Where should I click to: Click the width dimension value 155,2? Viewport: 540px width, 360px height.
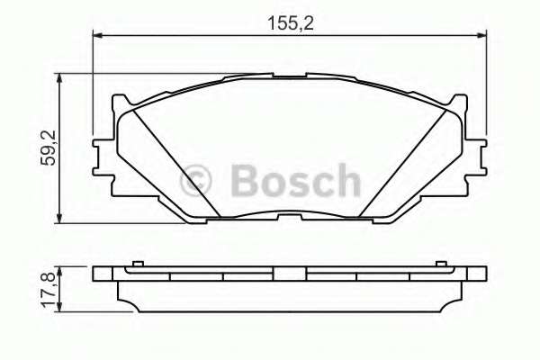289,22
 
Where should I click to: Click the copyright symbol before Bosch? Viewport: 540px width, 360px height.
198,181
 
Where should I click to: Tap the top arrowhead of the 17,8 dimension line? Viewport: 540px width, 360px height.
60,268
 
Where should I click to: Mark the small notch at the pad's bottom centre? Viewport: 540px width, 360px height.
289,216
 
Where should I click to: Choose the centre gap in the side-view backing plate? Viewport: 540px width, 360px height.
289,274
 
